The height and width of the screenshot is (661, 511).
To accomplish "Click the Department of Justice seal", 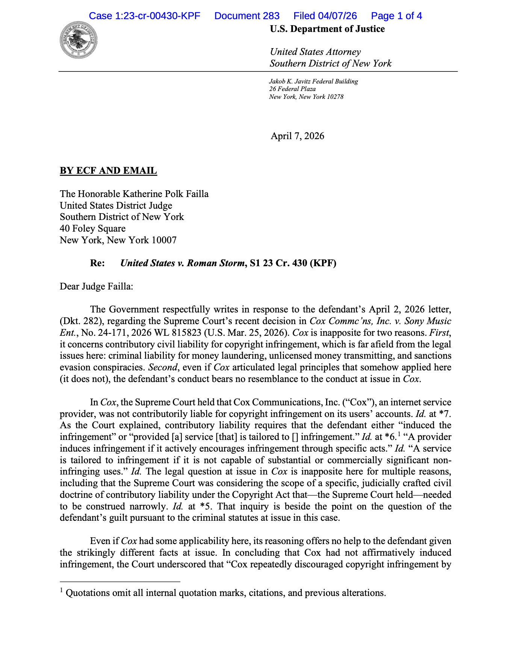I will pyautogui.click(x=79, y=40).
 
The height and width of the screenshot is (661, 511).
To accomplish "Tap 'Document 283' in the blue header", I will pyautogui.click(x=247, y=16).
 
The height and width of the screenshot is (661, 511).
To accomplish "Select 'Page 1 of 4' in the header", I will pyautogui.click(x=396, y=16).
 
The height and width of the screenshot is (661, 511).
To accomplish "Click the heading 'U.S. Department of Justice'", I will pyautogui.click(x=327, y=29).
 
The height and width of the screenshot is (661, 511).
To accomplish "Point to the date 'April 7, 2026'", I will pyautogui.click(x=297, y=136).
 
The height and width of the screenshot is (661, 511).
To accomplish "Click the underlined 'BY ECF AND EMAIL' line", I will pyautogui.click(x=108, y=171).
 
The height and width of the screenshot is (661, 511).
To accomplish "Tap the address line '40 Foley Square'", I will pyautogui.click(x=92, y=228).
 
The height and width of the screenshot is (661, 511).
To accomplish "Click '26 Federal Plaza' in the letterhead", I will pyautogui.click(x=292, y=89).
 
